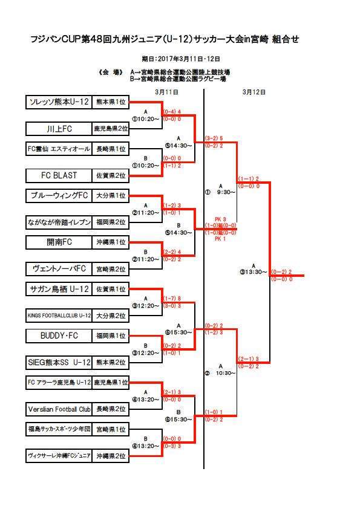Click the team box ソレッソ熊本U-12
point(59,103)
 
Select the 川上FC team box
point(59,129)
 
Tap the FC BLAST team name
point(59,175)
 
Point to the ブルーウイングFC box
point(59,196)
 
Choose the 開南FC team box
point(59,242)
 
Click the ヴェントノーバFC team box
point(59,268)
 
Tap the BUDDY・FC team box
point(59,335)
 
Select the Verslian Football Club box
point(59,409)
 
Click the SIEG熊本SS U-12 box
point(59,363)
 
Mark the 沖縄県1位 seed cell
point(111,242)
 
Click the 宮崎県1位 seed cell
point(111,429)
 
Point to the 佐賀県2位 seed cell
point(111,175)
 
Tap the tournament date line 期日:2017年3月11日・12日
point(180,59)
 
